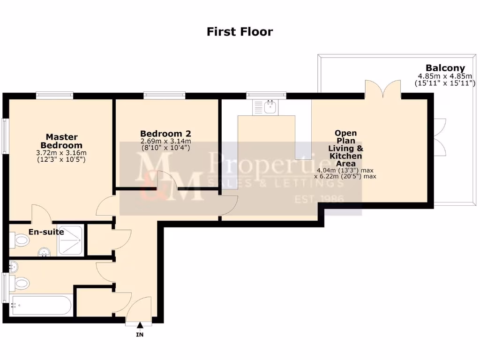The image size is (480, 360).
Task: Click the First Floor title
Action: pyautogui.click(x=240, y=32)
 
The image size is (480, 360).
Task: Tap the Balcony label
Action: pyautogui.click(x=445, y=68)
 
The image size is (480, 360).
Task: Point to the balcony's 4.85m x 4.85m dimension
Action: pyautogui.click(x=445, y=76)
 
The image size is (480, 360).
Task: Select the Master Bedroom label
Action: pyautogui.click(x=61, y=141)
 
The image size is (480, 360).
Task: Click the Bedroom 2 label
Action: pyautogui.click(x=165, y=133)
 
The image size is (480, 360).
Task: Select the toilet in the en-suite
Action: pyautogui.click(x=19, y=240)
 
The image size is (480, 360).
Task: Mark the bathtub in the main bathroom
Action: pyautogui.click(x=41, y=306)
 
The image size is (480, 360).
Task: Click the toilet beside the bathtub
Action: pyautogui.click(x=20, y=283)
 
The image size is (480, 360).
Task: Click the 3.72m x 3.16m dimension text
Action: pyautogui.click(x=61, y=153)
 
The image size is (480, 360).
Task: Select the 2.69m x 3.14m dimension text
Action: pyautogui.click(x=165, y=142)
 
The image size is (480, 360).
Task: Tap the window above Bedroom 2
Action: pyautogui.click(x=165, y=95)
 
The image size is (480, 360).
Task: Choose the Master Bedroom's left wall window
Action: pyautogui.click(x=5, y=136)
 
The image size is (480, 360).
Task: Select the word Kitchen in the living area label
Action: pyautogui.click(x=345, y=156)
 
